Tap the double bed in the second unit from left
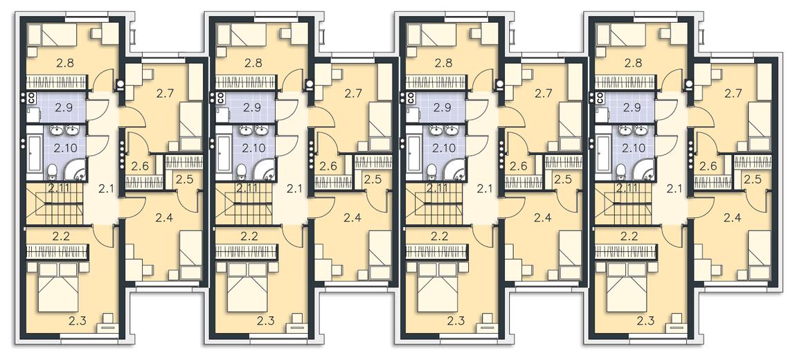248,287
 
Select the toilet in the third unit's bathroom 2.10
431,172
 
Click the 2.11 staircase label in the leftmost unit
58,189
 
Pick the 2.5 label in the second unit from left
373,179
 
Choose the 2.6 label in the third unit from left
519,166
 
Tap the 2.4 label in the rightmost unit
732,218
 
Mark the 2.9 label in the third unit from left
441,107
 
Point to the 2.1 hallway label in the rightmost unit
675,190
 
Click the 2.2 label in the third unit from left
439,236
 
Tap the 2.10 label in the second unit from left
252,148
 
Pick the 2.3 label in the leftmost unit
78,320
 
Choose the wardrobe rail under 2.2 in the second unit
246,251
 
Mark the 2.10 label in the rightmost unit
632,148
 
